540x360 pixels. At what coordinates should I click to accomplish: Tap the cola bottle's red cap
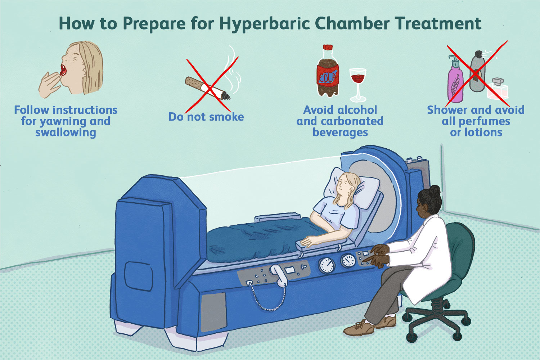click(x=328, y=47)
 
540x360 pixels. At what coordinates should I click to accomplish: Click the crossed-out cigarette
click(x=208, y=88)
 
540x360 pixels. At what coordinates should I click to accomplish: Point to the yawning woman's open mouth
click(x=63, y=70)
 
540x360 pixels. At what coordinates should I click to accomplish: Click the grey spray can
click(x=477, y=71)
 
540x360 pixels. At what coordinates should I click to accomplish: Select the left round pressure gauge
click(x=327, y=265)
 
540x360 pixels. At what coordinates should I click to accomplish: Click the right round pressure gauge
click(x=348, y=260)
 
